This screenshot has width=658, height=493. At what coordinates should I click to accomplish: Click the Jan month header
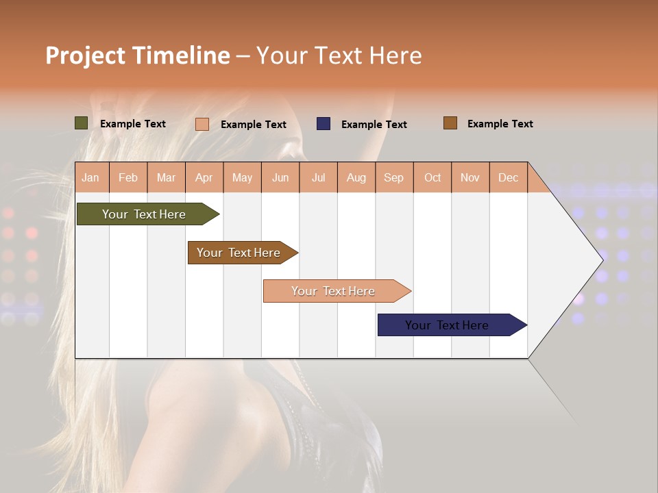point(90,177)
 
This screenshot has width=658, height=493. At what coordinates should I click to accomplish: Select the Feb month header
point(128,177)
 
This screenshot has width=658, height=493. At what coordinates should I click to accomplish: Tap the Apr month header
point(204,177)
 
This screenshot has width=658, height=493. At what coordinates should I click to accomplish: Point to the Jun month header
point(280,177)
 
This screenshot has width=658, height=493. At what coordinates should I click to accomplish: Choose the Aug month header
point(356,177)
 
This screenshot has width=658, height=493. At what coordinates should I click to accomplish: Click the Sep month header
point(393,177)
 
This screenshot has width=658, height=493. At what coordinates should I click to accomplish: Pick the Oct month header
point(432,177)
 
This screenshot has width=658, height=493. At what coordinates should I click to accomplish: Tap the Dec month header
point(508,177)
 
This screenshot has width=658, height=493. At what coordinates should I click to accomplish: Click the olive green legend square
point(82,123)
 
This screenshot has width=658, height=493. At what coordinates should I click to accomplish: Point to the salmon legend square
point(202,124)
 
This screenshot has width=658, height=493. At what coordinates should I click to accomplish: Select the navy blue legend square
point(324,123)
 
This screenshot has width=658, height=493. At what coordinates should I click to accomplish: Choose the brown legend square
point(450,123)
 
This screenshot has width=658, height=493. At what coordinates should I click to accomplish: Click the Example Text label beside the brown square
point(500,124)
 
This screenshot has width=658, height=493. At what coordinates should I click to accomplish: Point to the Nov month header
point(470,177)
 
